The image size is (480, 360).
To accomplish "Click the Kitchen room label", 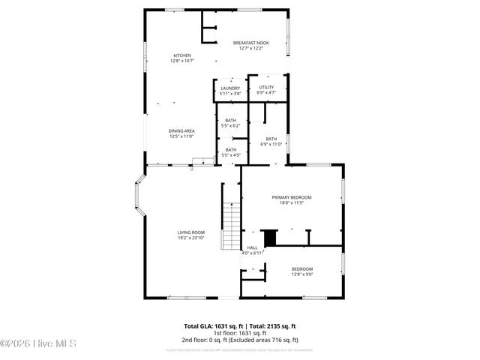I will [182, 58].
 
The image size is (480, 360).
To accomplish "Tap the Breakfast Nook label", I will [250, 46].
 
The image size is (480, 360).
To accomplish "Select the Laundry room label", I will [230, 91].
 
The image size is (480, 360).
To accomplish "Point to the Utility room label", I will [266, 90].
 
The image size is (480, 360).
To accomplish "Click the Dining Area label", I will [181, 133].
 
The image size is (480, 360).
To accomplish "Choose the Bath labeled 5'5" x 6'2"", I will [230, 123].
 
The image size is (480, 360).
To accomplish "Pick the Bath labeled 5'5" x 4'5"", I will [230, 152].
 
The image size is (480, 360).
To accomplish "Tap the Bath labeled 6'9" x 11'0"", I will [271, 141].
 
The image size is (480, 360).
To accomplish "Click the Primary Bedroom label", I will [290, 199].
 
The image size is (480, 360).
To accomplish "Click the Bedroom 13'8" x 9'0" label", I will [302, 271].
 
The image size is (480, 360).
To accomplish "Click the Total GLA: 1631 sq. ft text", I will [214, 326].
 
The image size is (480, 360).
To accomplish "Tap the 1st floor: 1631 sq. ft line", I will [241, 333].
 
